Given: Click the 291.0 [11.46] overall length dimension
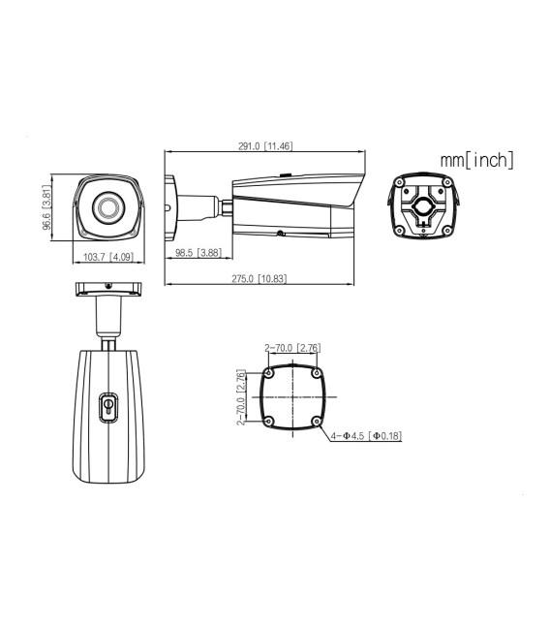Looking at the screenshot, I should point(265,146).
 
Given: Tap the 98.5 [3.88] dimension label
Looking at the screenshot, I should point(199,253).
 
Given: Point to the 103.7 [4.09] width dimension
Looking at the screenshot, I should point(107,257).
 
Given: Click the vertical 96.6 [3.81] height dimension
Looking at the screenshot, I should point(46,207).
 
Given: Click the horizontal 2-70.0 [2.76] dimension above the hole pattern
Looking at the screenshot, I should point(292,348).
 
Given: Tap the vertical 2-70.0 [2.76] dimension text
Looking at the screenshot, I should point(240,397).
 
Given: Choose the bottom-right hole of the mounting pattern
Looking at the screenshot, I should point(317,421).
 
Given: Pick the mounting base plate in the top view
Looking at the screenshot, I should point(107,288).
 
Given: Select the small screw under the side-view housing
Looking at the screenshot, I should point(280,233).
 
